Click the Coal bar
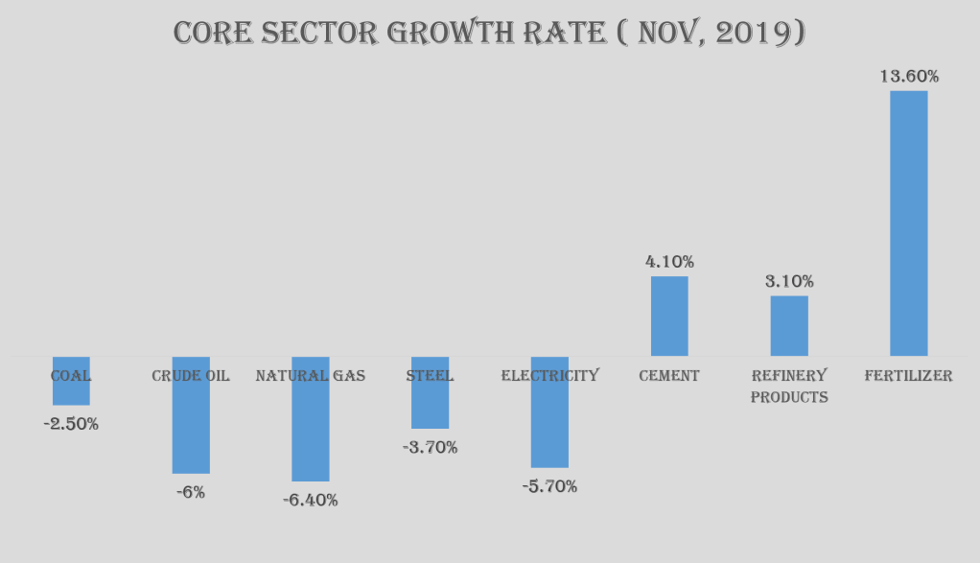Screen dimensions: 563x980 tap(71, 391)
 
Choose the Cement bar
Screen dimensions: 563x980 tap(669, 317)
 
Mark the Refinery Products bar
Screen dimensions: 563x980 tap(789, 326)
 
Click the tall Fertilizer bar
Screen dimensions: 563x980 tap(908, 223)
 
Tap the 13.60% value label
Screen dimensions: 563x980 tap(909, 76)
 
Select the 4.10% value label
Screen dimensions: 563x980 tap(669, 261)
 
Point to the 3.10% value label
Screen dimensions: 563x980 tap(789, 281)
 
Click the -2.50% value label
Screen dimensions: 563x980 tap(71, 423)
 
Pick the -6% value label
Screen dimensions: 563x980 tap(190, 492)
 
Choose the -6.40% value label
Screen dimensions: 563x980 tap(310, 500)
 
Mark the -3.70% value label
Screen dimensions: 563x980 tap(430, 447)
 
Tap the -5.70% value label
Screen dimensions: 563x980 tap(549, 486)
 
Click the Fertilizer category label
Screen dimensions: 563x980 tap(908, 375)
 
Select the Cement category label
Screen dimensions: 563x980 tap(669, 375)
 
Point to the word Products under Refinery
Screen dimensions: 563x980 tap(789, 397)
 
